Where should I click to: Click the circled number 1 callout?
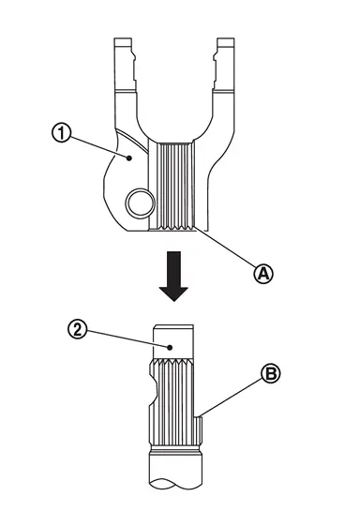(x=61, y=132)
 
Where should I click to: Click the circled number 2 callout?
(x=78, y=329)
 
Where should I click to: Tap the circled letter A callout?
(x=263, y=274)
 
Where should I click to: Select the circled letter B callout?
(x=271, y=373)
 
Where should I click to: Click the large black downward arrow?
(x=173, y=276)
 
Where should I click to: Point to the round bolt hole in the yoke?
(x=141, y=203)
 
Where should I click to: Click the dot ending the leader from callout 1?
(x=128, y=158)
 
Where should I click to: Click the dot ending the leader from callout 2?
(x=170, y=348)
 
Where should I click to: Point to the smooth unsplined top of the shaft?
(x=173, y=341)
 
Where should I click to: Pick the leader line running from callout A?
(x=225, y=248)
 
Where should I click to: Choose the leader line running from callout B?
(x=231, y=398)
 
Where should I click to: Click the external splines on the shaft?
(x=173, y=402)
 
